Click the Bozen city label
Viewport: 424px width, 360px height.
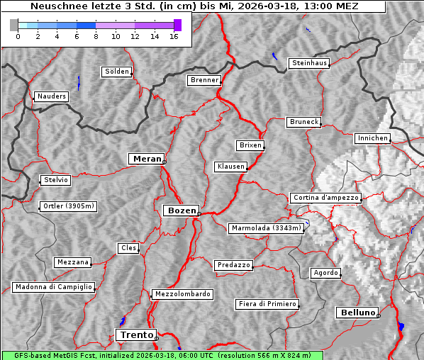tap(181, 210)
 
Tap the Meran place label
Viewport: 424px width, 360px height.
tap(146, 159)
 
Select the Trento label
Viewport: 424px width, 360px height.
tap(135, 334)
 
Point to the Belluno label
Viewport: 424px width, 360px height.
tap(357, 312)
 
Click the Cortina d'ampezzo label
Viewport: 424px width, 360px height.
tap(325, 198)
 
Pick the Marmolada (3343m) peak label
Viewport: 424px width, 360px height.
tap(267, 228)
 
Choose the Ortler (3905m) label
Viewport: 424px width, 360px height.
tap(67, 207)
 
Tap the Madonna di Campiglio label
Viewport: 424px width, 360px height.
tap(53, 287)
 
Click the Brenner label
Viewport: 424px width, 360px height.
tap(204, 80)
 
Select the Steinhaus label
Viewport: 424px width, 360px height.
tap(310, 63)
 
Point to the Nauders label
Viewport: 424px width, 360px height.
tap(51, 96)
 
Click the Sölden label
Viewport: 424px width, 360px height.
tap(117, 72)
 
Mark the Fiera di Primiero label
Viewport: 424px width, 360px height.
tap(267, 304)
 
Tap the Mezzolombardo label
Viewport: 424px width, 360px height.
tap(182, 294)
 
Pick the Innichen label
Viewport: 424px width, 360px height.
tap(372, 138)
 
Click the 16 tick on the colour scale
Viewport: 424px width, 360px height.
tap(174, 36)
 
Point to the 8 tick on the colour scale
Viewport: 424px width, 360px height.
tap(96, 36)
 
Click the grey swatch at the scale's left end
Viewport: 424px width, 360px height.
tap(14, 25)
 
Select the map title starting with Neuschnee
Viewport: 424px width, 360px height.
tap(194, 6)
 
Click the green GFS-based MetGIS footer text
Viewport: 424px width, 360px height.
tap(162, 355)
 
